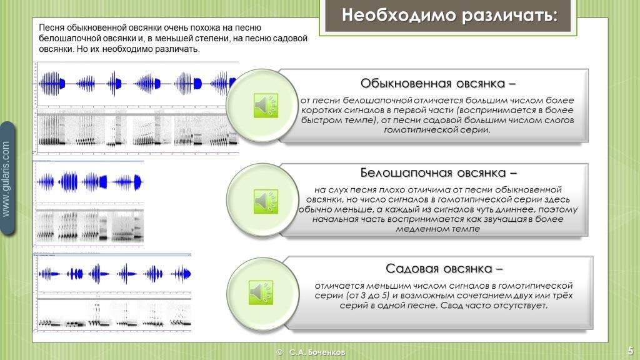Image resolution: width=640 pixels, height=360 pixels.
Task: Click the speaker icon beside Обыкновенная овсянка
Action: point(266,105)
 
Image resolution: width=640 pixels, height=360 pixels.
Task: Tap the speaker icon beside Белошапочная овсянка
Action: point(266,201)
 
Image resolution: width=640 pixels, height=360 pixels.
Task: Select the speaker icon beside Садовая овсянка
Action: point(261,292)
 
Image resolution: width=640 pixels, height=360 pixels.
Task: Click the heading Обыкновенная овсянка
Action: point(438,84)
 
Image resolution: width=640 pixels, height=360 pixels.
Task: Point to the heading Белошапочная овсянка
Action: point(438,173)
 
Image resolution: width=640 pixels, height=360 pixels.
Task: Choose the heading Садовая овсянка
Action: point(444,269)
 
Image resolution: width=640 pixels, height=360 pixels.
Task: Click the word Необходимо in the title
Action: point(399,15)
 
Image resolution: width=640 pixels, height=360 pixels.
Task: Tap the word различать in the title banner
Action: point(510,16)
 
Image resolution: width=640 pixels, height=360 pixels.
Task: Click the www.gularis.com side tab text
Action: point(6,178)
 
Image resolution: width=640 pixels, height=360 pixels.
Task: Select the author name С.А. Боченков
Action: point(317,352)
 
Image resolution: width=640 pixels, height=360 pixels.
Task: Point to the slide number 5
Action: point(631,351)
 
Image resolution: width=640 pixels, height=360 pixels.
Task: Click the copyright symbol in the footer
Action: point(279,352)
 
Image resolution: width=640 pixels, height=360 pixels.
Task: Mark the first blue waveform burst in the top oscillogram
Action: point(52,84)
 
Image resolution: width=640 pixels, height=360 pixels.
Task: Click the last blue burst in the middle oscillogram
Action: point(128,182)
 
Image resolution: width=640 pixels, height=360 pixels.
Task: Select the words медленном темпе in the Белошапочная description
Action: point(438,229)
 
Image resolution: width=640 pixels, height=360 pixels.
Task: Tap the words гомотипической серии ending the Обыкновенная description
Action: point(437,130)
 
